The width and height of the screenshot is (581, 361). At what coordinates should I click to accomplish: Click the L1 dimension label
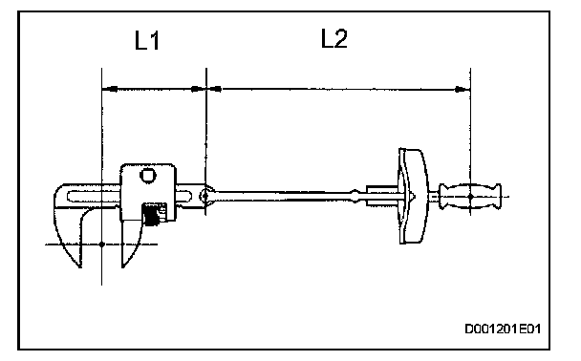pyautogui.click(x=147, y=40)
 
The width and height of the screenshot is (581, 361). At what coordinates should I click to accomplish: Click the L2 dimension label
pyautogui.click(x=334, y=38)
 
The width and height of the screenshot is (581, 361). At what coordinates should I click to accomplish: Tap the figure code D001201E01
pyautogui.click(x=503, y=329)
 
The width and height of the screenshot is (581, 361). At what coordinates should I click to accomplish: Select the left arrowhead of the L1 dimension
pyautogui.click(x=110, y=89)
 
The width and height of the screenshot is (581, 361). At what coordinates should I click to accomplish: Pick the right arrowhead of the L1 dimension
pyautogui.click(x=198, y=89)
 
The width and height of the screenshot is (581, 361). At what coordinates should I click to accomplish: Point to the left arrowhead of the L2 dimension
pyautogui.click(x=215, y=89)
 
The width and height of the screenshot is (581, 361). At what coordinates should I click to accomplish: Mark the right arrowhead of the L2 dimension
pyautogui.click(x=463, y=89)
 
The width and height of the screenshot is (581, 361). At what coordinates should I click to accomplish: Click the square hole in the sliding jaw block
pyautogui.click(x=147, y=176)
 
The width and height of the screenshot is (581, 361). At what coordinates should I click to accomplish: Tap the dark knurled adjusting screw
pyautogui.click(x=152, y=214)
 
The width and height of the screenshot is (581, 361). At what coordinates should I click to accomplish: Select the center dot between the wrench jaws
pyautogui.click(x=102, y=244)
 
